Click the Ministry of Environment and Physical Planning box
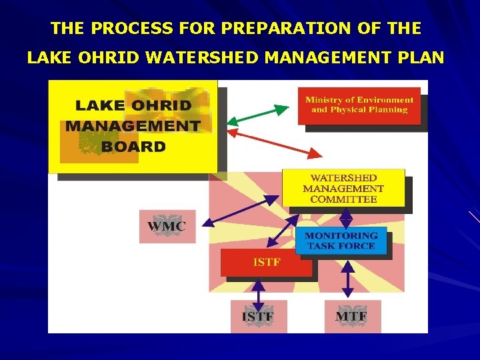pos(359,105)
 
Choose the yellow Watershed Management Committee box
pos(343,189)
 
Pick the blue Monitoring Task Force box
pos(341,241)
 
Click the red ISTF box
pos(266,263)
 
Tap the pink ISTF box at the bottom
pos(259,317)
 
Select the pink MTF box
pos(353,317)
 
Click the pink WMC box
pos(167,226)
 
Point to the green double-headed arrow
pos(258,114)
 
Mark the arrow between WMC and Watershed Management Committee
pos(241,209)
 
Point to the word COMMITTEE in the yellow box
pos(343,199)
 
